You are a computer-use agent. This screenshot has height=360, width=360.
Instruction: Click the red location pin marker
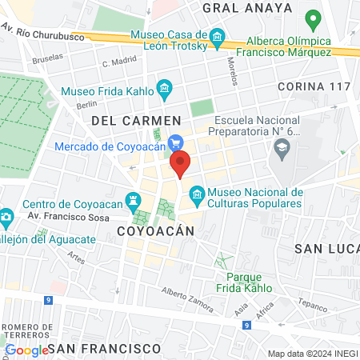pos(181,163)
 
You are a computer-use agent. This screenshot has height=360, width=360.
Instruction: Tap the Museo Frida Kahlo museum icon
pos(165,88)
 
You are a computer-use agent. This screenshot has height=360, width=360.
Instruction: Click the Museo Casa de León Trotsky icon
pos(217,37)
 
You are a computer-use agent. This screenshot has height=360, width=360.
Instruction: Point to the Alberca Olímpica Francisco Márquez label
pos(278,46)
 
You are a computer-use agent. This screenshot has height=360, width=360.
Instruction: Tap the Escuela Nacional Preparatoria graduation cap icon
pos(282,147)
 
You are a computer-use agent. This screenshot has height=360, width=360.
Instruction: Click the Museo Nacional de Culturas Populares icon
pos(196,193)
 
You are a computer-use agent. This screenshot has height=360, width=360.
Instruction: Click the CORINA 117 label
pos(314,86)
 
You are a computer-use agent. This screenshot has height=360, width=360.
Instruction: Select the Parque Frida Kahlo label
pos(244,282)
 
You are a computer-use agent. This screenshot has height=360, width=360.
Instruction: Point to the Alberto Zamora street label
pos(187,300)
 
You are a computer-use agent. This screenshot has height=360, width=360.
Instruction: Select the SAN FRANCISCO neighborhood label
pos(109,349)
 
